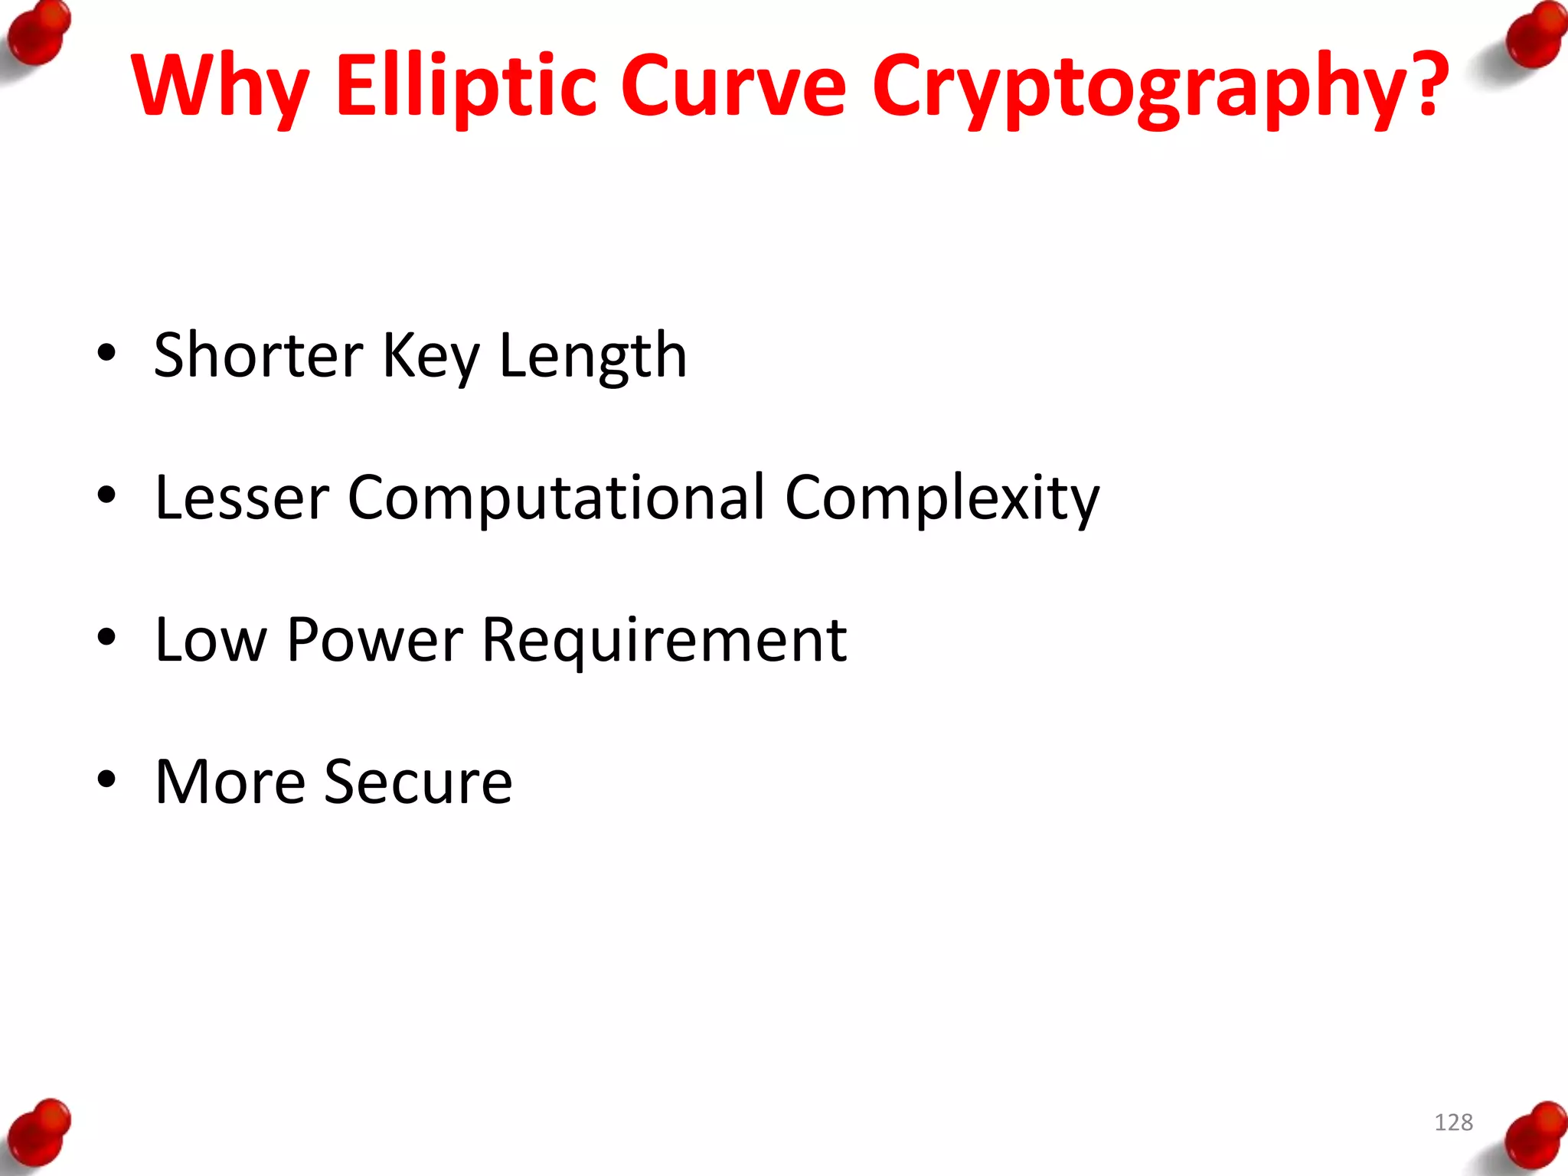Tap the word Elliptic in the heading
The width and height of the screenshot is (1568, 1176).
(465, 86)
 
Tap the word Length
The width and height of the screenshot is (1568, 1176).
(593, 357)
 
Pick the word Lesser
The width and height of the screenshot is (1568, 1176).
(242, 498)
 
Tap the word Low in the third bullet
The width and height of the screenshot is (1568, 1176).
(211, 640)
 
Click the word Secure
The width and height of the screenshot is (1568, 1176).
(418, 782)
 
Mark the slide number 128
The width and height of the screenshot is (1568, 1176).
(1453, 1122)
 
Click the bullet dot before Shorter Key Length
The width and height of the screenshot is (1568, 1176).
(106, 353)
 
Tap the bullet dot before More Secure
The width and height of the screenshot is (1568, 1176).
(106, 779)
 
